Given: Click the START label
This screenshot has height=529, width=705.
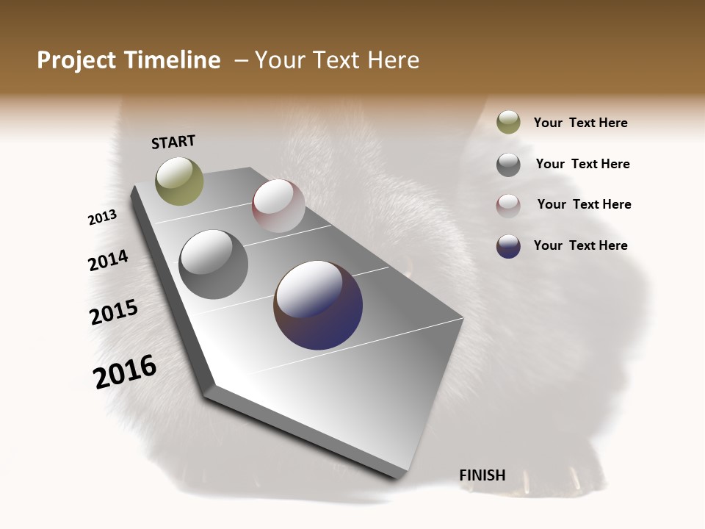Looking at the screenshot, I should tap(173, 142).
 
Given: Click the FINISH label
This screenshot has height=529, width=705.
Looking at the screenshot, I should tap(482, 475).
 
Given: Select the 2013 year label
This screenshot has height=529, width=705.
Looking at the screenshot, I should tap(103, 217).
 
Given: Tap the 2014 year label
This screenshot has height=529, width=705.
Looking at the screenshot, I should tap(108, 261).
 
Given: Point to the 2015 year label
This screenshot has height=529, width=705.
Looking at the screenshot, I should tap(114, 312).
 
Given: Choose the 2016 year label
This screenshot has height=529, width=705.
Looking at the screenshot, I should tap(125, 372).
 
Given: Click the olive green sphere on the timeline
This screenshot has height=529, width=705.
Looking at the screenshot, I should tap(179, 181).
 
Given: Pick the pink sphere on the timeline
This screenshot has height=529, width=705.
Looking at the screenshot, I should tap(278, 206).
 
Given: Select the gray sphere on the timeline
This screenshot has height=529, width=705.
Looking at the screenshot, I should tap(213, 264).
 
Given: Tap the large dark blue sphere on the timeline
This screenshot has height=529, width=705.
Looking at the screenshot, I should tap(318, 305).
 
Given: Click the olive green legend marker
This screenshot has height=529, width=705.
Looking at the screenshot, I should tap(508, 123).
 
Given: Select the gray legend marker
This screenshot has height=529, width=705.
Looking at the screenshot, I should tap(508, 165).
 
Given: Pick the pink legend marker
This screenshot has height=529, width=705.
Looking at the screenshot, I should tap(508, 206).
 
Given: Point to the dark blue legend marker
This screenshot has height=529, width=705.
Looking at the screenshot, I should tap(508, 246).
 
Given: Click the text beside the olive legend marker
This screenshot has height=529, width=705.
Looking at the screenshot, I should tap(580, 123).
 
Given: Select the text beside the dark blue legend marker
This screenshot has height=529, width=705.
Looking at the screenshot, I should tap(580, 245).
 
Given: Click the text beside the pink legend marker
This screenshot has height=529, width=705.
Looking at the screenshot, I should tap(584, 204).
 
